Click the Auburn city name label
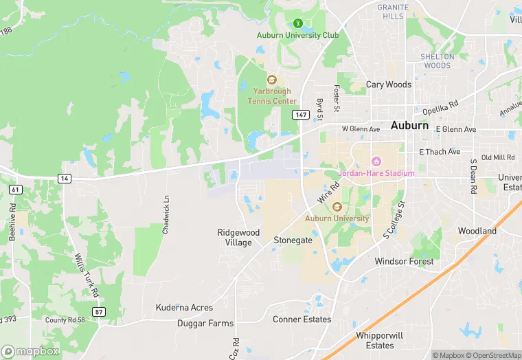point(409,126)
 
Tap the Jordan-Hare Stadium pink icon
point(376,161)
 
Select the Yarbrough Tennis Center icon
point(272,80)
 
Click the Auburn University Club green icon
point(297,23)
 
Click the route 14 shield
point(65,179)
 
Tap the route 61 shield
point(15,189)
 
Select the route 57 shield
point(100,312)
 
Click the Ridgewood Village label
point(238,237)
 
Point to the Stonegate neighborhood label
point(293,240)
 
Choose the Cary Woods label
point(389,85)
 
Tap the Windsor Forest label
point(404,262)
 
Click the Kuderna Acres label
point(184,308)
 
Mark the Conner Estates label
point(302,319)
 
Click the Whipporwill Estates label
point(374,340)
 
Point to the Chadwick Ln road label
point(166,215)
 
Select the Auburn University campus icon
point(337,207)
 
